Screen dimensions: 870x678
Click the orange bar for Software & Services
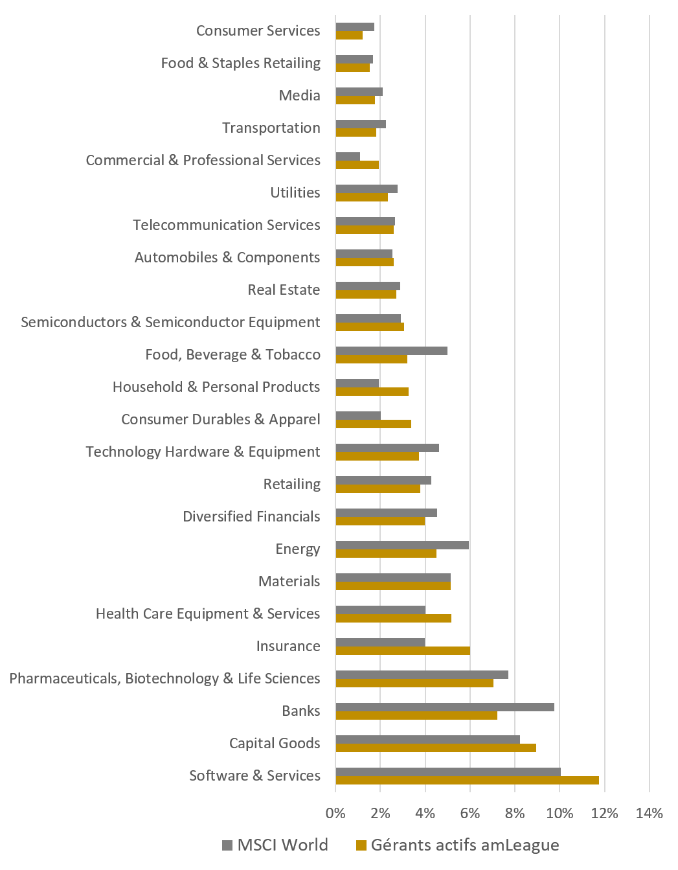[x=467, y=780]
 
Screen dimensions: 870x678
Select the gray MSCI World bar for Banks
[x=445, y=707]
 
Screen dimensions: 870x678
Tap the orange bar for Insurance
[x=402, y=650]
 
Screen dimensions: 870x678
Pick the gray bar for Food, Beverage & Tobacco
[x=391, y=350]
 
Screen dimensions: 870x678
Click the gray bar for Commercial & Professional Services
[x=348, y=156]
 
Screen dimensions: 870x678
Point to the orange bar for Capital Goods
[x=436, y=748]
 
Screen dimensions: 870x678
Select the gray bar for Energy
[x=402, y=545]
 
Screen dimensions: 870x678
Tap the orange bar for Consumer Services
[x=349, y=35]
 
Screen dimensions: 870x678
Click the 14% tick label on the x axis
[x=650, y=813]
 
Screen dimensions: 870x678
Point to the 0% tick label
[x=335, y=813]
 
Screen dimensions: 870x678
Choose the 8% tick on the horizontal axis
[x=515, y=813]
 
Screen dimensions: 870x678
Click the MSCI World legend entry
[x=275, y=845]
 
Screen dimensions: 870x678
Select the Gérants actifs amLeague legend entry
[x=458, y=845]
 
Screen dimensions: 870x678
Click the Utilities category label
[x=295, y=192]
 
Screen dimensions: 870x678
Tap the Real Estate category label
[x=284, y=290]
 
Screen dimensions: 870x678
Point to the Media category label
[x=299, y=95]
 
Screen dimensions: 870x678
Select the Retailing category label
[x=291, y=484]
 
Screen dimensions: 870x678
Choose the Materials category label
[x=289, y=581]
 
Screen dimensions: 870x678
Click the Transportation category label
[x=271, y=128]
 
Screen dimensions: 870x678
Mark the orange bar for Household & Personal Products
[x=372, y=391]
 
